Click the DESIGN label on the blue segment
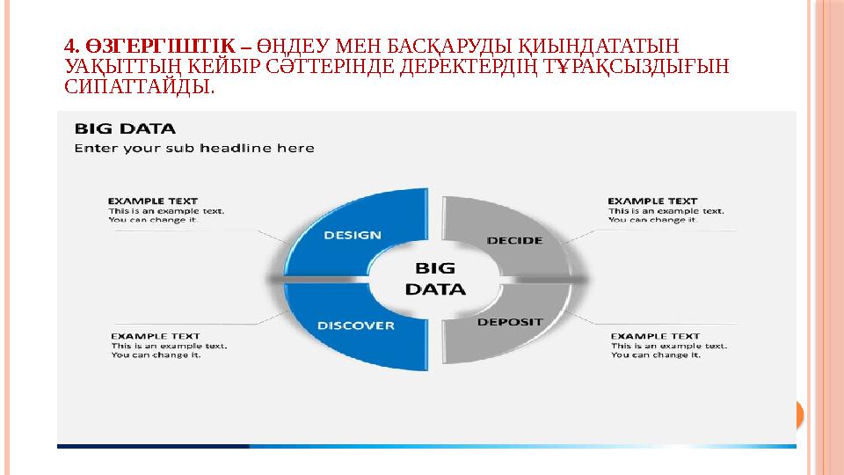tap(353, 235)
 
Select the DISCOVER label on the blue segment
tap(355, 325)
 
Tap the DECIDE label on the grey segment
tap(514, 240)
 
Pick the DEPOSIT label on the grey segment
tap(510, 322)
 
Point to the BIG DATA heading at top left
tap(124, 128)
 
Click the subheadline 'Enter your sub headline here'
tap(193, 149)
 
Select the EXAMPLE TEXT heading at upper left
tap(152, 201)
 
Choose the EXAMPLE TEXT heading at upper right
tap(652, 201)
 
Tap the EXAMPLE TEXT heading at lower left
tap(155, 336)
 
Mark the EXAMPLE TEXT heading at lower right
tap(655, 336)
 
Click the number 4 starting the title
tap(70, 45)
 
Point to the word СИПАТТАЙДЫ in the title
tap(138, 87)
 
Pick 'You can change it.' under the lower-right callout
tap(655, 355)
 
